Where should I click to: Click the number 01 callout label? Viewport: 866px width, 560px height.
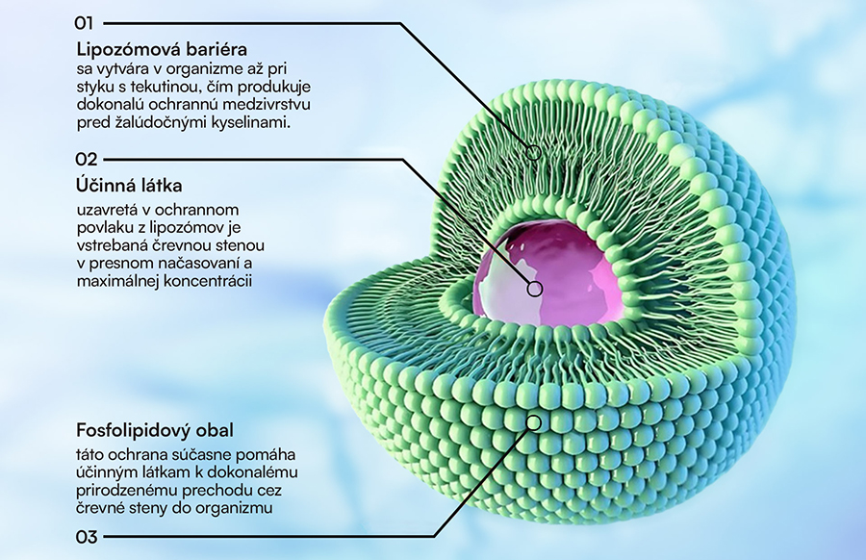85,23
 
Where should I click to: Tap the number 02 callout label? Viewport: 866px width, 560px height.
87,160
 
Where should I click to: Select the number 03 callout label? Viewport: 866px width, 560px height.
87,537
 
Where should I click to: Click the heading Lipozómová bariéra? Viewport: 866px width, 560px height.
162,50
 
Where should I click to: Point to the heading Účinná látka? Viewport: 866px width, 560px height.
129,186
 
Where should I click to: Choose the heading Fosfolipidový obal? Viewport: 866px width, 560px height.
155,430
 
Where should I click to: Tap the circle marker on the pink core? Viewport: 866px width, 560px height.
535,289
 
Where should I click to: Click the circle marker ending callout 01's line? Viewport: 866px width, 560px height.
533,152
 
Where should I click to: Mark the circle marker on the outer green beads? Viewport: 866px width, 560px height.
533,423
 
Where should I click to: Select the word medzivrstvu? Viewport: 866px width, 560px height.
273,105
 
